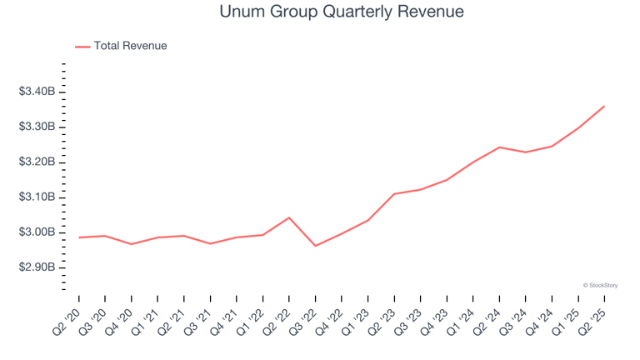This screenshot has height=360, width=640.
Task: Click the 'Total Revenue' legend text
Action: [x=130, y=46]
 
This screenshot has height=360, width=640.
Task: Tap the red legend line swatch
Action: [x=82, y=47]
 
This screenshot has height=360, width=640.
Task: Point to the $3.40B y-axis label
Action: [x=37, y=92]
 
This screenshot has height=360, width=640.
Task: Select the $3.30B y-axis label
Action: [x=37, y=127]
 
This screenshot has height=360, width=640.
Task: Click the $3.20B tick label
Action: [x=37, y=162]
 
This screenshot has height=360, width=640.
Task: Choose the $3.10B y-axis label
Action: [x=37, y=197]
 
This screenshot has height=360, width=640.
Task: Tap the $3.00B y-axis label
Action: [x=37, y=232]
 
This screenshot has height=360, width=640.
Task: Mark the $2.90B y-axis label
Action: [x=37, y=267]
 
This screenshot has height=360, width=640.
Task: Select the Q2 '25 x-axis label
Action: [x=593, y=318]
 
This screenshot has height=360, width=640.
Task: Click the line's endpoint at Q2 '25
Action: [x=604, y=106]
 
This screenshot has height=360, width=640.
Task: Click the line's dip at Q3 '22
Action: [x=315, y=246]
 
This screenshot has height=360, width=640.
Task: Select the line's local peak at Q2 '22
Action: [x=289, y=217]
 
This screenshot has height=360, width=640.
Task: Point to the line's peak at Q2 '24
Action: [x=499, y=147]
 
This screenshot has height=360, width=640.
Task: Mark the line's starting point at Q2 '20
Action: [x=79, y=237]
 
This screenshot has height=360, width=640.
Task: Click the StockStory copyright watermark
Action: [x=600, y=285]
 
